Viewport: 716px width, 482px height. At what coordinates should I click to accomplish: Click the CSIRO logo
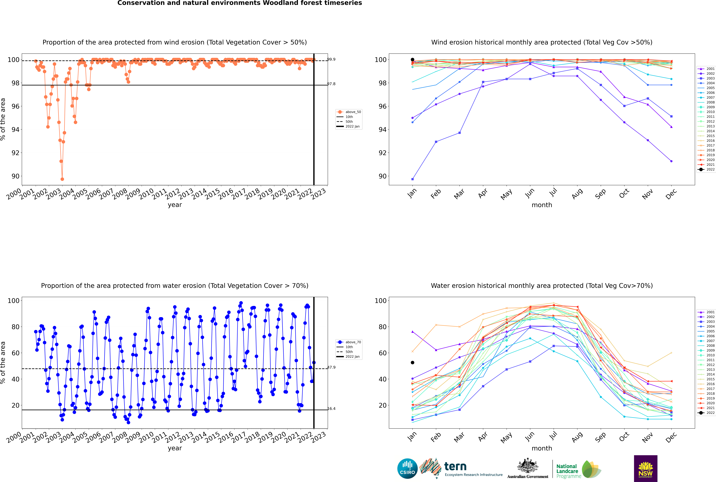(407, 468)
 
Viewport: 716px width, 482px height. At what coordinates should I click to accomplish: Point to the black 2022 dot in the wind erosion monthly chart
(413, 60)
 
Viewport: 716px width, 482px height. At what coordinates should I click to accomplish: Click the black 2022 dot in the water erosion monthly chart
(413, 363)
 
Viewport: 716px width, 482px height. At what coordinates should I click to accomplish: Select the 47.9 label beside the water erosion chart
(331, 367)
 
